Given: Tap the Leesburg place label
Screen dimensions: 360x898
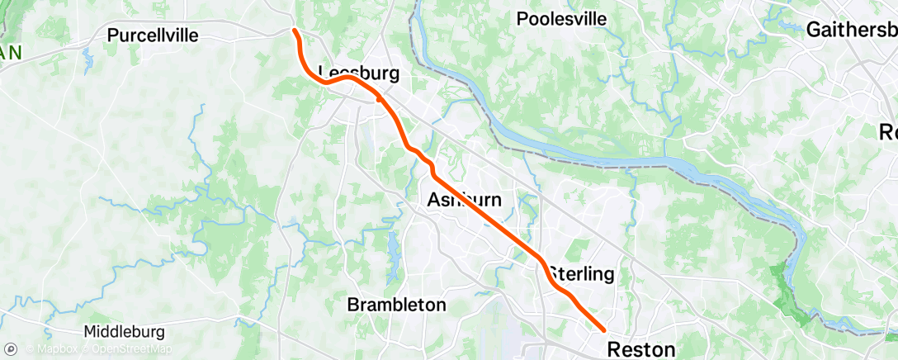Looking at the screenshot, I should [x=359, y=73].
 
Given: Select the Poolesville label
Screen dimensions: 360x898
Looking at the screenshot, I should [x=573, y=19].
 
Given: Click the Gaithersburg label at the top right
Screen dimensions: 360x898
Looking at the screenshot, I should [x=851, y=30].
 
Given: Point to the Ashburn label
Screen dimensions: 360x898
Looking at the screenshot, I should [x=464, y=199].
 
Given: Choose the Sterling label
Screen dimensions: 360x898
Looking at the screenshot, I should [x=582, y=273].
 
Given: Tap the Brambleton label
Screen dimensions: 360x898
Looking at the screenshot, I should [x=396, y=304].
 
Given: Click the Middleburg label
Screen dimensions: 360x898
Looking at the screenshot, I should [x=125, y=331].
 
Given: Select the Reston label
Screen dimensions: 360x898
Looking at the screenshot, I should [x=641, y=348].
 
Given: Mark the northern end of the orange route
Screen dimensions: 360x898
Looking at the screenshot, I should [x=295, y=31].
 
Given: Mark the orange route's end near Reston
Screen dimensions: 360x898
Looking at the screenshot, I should [x=604, y=331].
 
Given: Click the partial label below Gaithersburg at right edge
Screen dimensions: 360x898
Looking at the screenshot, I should [x=888, y=132].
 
